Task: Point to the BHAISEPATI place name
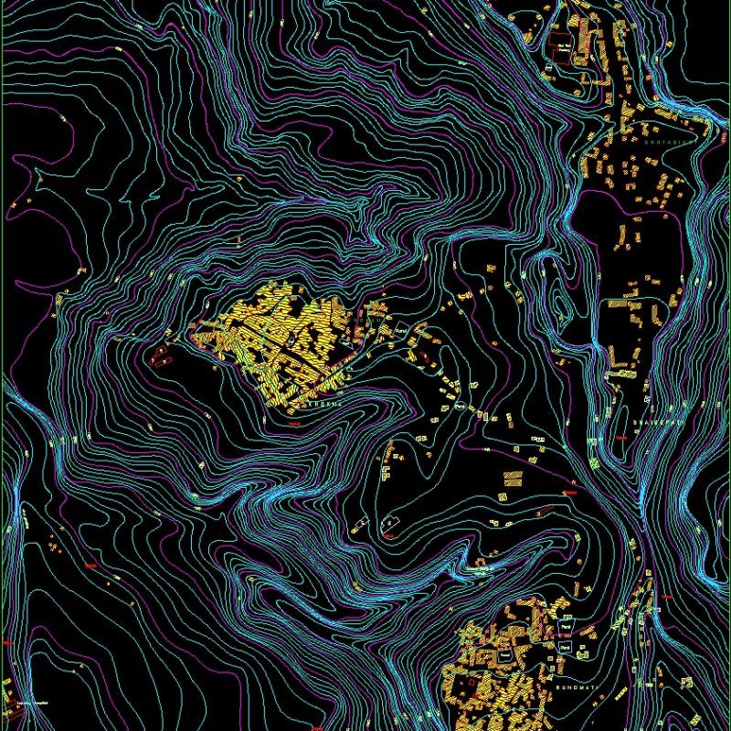[x=657, y=423]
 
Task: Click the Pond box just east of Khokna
[x=399, y=329]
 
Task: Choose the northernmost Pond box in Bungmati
[x=566, y=629]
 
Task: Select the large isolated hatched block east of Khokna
[x=513, y=478]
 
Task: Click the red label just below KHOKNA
[x=293, y=423]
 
